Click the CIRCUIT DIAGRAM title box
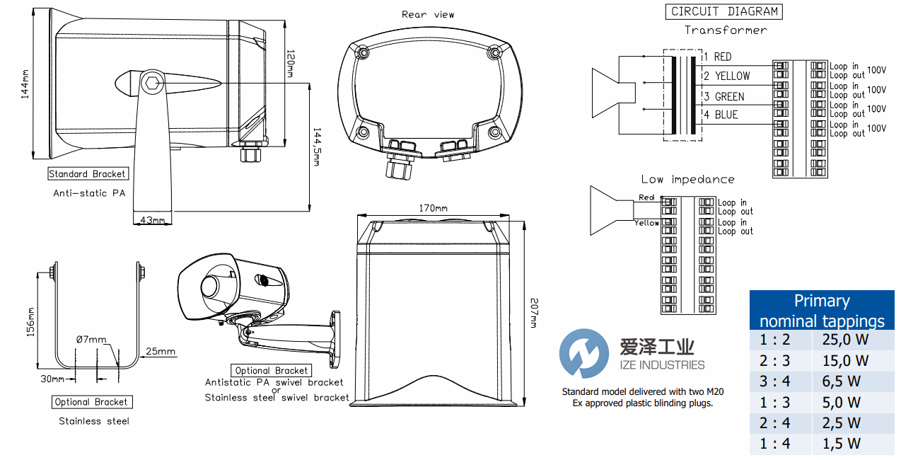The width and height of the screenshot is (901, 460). click(724, 11)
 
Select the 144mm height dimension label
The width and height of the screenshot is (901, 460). click(25, 83)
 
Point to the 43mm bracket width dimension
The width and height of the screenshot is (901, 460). click(151, 220)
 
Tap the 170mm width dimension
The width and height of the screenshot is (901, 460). click(433, 208)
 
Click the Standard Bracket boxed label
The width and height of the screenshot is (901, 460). click(87, 173)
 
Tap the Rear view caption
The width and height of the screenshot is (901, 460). click(428, 14)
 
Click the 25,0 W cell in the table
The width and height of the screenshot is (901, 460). click(845, 339)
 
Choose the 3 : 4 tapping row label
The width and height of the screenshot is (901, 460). click(775, 381)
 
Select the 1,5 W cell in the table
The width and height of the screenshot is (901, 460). click(842, 444)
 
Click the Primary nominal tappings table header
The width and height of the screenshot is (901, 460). click(821, 311)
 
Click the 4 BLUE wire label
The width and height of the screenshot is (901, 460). click(720, 115)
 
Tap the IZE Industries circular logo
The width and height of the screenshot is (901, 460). click(583, 353)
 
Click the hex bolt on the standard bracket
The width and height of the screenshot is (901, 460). click(152, 83)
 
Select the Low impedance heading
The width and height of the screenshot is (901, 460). click(687, 179)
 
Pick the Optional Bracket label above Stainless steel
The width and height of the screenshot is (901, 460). click(92, 402)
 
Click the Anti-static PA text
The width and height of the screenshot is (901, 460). click(89, 192)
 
